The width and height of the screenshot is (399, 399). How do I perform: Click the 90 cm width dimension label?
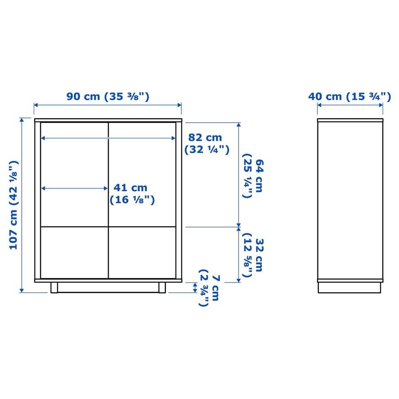click(x=108, y=97)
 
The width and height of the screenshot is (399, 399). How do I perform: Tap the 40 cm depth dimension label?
click(x=349, y=97)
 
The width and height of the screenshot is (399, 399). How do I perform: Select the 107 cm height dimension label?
click(x=14, y=205)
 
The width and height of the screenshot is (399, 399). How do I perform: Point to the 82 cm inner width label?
click(x=207, y=144)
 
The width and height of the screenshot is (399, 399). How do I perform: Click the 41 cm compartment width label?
click(x=132, y=194)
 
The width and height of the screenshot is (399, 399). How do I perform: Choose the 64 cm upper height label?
click(x=253, y=176)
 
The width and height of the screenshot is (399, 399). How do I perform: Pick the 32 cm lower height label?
click(x=253, y=255)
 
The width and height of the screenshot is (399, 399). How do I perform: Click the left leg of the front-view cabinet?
click(x=54, y=288)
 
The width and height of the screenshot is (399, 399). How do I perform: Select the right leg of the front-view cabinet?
click(x=162, y=288)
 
